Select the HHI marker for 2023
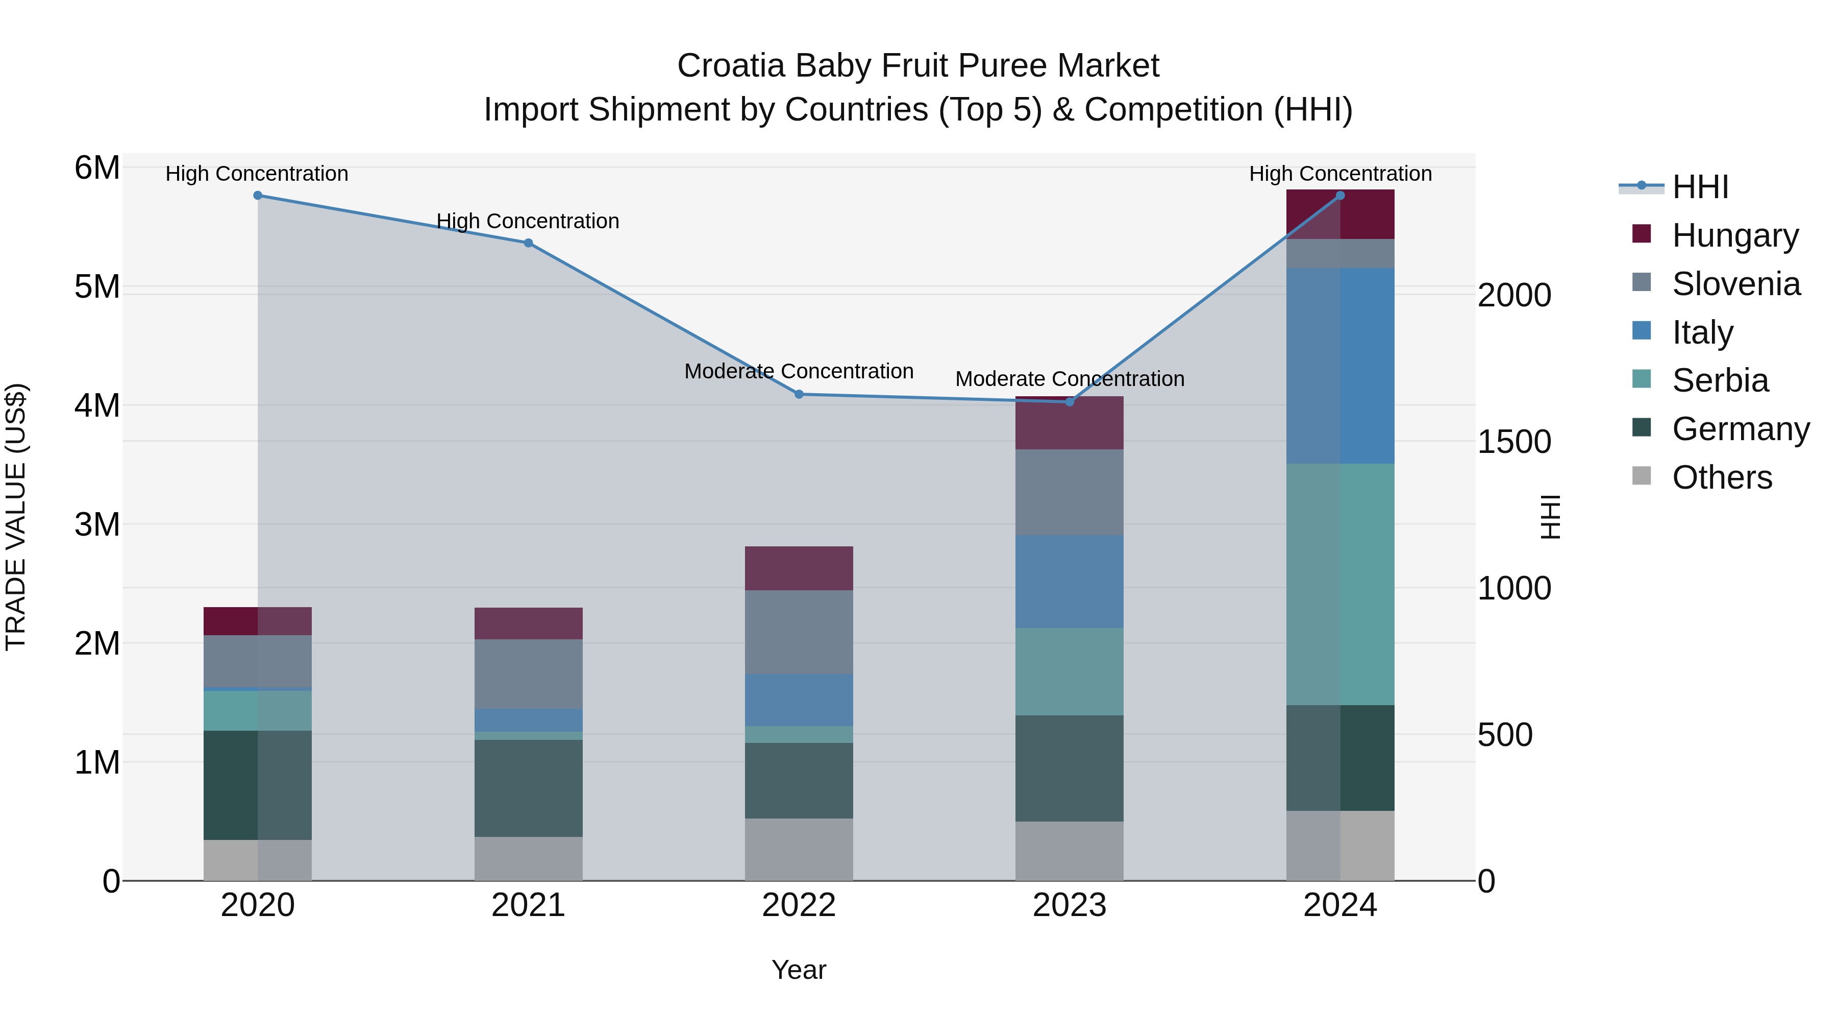[1069, 402]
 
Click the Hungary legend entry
[1734, 235]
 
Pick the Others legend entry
[1722, 477]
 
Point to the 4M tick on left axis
[97, 405]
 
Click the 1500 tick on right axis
[1514, 442]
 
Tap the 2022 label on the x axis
[799, 905]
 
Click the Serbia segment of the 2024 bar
[1340, 585]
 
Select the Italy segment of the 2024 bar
[1340, 366]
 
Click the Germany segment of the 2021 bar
[529, 788]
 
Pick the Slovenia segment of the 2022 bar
[799, 632]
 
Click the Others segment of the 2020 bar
[258, 860]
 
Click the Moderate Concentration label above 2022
[799, 372]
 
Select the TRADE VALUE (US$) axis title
[16, 517]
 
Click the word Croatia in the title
[732, 66]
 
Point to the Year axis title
[799, 970]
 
